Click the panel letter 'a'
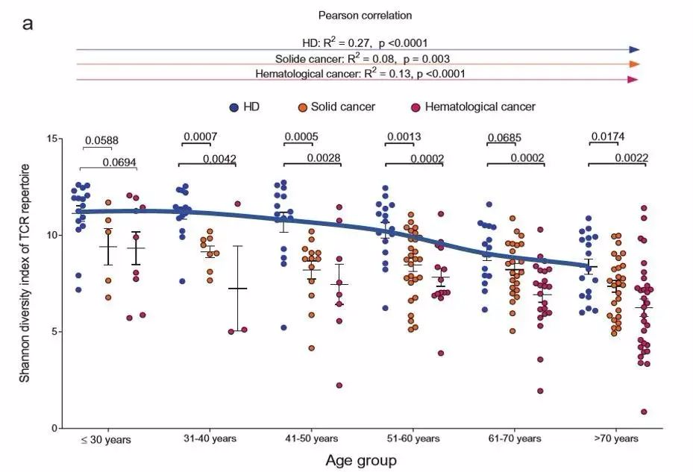click(x=28, y=24)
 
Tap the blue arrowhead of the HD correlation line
click(x=634, y=49)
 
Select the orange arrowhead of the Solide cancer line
click(x=634, y=64)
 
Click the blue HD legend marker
click(x=234, y=107)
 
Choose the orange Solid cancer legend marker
click(x=304, y=107)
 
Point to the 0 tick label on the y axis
click(x=54, y=429)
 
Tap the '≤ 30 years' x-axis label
click(x=106, y=440)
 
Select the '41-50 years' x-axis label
click(x=311, y=438)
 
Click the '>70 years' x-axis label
click(x=616, y=438)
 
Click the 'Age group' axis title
click(x=361, y=460)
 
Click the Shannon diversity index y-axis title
click(x=25, y=283)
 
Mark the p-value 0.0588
click(x=101, y=140)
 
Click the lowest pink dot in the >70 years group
click(x=643, y=412)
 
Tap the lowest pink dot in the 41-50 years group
click(x=339, y=386)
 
